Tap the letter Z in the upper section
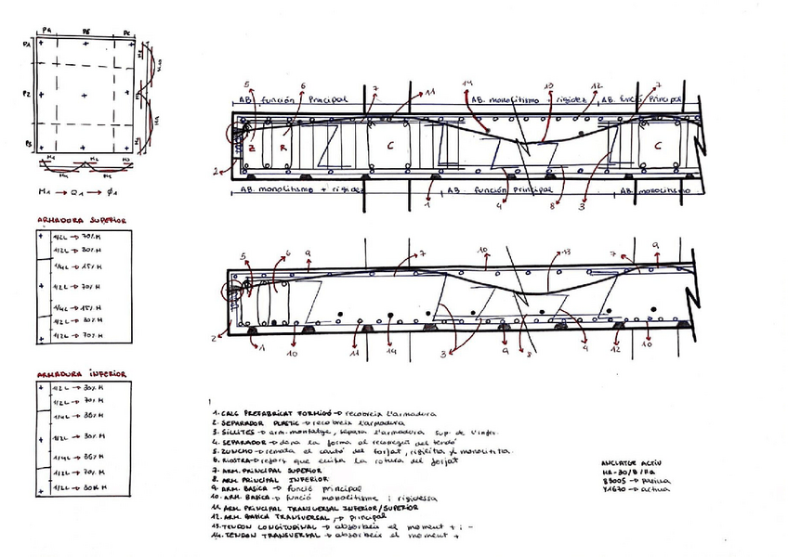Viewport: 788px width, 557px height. (x=251, y=149)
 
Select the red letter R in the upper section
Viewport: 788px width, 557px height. (x=285, y=149)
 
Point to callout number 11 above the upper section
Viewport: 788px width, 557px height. (x=431, y=93)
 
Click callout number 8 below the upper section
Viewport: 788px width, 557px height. (x=551, y=206)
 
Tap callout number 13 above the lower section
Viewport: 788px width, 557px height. (x=567, y=253)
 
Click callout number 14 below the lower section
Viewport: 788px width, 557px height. (x=391, y=354)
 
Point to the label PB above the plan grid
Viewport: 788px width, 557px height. (x=86, y=31)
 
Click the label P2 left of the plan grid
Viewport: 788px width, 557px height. (x=28, y=95)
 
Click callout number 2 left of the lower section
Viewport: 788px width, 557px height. (x=215, y=338)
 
